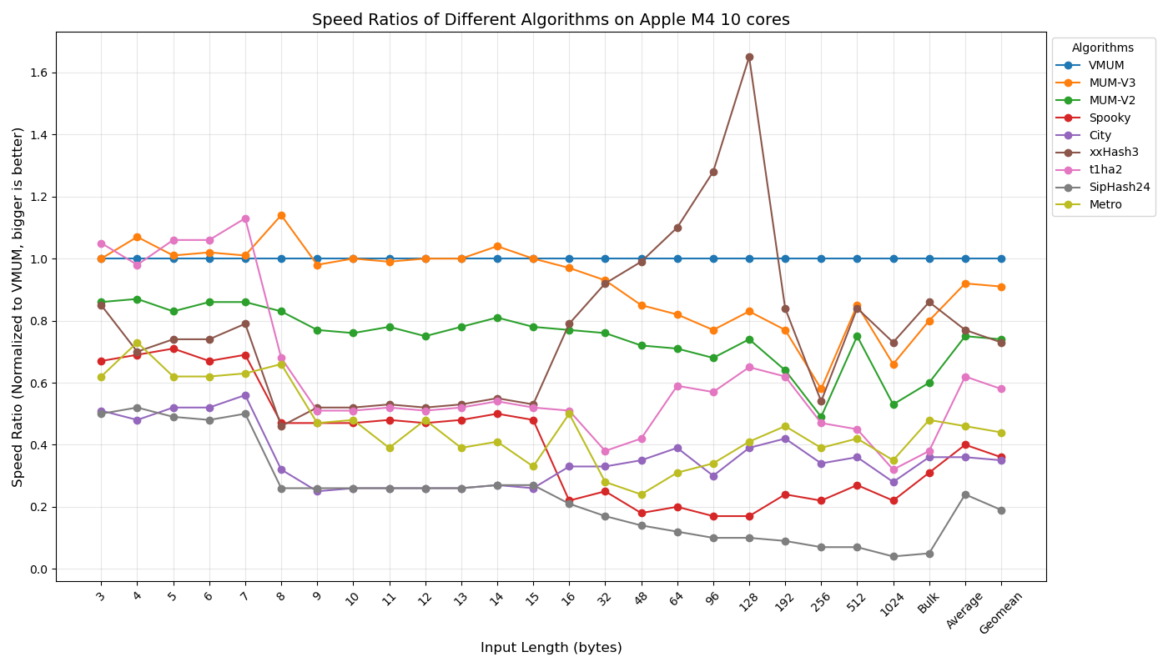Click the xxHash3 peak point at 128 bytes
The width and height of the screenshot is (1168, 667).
tap(749, 58)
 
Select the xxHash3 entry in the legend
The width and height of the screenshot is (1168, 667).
tap(1113, 153)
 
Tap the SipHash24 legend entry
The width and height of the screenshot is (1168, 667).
tap(1119, 188)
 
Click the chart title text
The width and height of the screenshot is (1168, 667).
tap(551, 20)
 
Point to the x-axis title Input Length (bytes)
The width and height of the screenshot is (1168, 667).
tap(551, 648)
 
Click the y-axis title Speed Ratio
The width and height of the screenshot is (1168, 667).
tap(18, 307)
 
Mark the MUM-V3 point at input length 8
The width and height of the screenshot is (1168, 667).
tap(281, 216)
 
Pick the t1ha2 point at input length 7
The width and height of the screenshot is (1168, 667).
tap(245, 219)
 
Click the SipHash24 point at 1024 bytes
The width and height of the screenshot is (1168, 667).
tap(894, 557)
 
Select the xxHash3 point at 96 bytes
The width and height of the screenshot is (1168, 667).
tap(713, 173)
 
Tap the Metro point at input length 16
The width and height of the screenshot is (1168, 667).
tap(569, 414)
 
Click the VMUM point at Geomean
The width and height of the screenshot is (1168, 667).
tap(1001, 259)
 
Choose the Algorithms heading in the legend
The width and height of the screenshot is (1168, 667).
tap(1102, 48)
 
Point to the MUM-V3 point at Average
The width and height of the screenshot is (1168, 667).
tap(965, 284)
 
